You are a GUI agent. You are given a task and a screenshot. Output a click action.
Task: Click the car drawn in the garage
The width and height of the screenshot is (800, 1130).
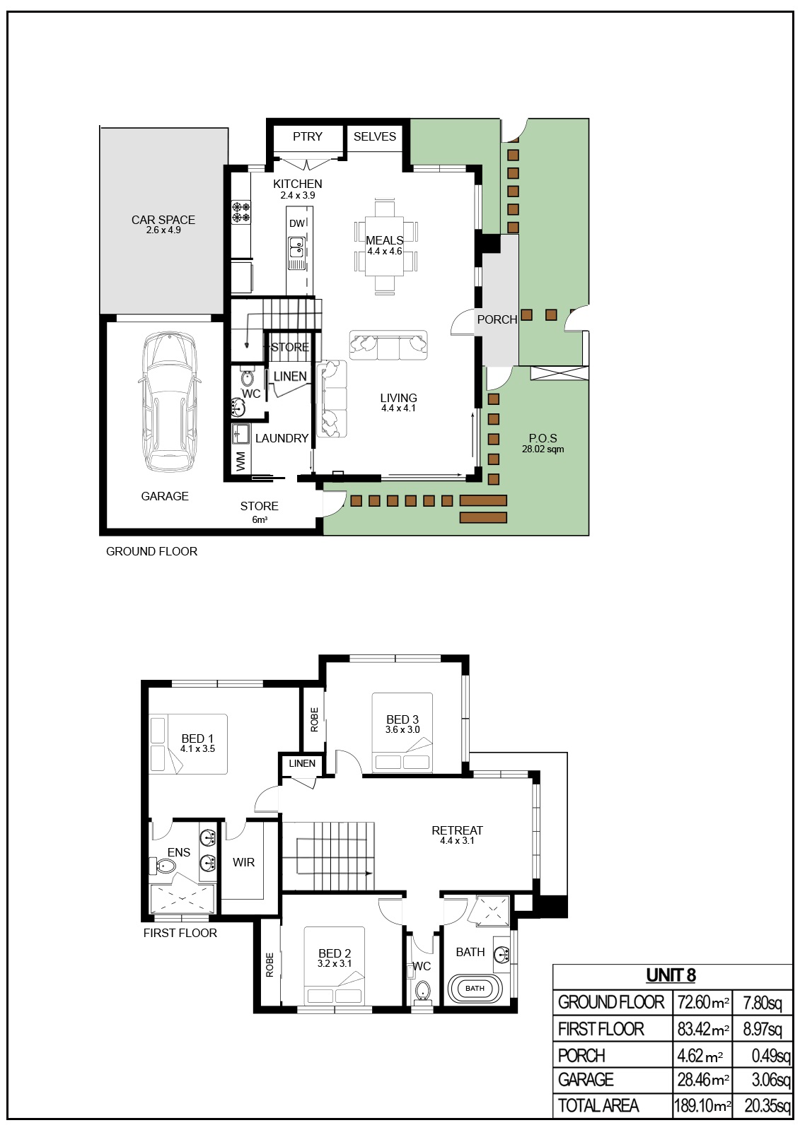(169, 402)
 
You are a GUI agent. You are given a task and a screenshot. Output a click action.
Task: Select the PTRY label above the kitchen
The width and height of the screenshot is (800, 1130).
(308, 136)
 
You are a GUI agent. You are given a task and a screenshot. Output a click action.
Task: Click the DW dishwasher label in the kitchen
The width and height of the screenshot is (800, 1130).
(296, 223)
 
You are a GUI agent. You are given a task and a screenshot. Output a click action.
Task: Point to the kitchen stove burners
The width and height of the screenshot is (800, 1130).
(241, 213)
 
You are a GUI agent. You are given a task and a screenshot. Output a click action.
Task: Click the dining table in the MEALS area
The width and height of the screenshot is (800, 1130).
(385, 245)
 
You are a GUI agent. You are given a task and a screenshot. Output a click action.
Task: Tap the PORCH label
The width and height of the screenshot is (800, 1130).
(497, 319)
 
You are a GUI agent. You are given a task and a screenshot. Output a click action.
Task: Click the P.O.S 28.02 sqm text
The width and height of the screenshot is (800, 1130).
(543, 443)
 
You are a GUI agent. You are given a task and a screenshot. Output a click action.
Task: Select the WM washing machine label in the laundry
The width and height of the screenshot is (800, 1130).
(240, 461)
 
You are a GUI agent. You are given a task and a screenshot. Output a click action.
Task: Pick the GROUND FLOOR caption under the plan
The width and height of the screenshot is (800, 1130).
(151, 551)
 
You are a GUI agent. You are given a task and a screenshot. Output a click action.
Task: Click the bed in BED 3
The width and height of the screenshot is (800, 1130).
(402, 734)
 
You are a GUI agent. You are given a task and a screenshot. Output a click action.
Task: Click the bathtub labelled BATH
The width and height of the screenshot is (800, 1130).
(475, 988)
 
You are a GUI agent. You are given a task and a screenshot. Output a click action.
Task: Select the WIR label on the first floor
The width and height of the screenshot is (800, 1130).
(243, 862)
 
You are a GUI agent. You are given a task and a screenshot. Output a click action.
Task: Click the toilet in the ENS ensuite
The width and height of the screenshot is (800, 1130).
(166, 866)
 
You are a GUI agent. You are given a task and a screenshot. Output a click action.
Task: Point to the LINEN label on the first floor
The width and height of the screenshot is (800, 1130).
(302, 763)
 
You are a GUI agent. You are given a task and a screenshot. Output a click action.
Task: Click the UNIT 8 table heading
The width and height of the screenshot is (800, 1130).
(671, 975)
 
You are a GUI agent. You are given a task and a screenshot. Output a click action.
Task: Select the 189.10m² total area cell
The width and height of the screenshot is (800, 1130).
(702, 1105)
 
